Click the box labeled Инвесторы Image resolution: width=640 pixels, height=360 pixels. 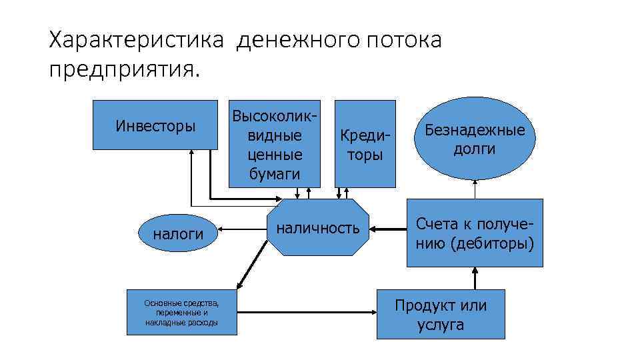coord(155,125)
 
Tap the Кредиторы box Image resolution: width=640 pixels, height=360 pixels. coord(365,143)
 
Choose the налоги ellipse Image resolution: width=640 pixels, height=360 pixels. coord(178,233)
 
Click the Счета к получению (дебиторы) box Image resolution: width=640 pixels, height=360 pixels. coord(475,233)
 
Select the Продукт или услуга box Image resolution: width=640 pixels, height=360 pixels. coord(441,314)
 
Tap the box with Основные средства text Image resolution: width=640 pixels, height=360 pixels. coord(181,313)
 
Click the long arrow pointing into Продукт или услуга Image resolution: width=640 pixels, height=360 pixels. coord(307,311)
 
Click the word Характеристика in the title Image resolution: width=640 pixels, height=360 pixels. coord(137,41)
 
